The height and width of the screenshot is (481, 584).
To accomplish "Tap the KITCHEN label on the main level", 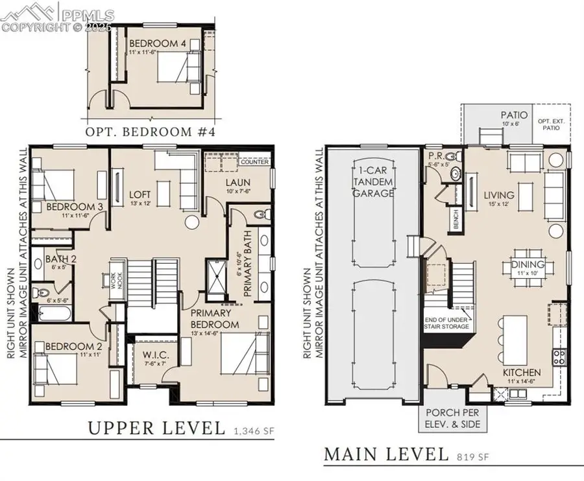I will [522, 373].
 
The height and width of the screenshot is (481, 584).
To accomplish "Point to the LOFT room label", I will [140, 194].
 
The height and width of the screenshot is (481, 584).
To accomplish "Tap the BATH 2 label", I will [61, 260].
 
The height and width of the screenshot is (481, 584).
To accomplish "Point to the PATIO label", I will [513, 115].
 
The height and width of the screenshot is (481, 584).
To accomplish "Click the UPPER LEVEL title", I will [156, 428].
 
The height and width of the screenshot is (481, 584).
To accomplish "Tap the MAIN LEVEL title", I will [386, 454].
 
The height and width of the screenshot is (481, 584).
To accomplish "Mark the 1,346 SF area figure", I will [249, 429].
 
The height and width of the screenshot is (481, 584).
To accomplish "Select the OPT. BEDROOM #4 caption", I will [151, 132].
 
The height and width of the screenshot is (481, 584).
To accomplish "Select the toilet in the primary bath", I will [260, 215].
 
